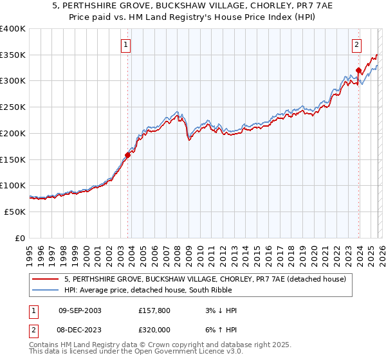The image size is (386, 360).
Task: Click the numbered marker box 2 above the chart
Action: [356, 45]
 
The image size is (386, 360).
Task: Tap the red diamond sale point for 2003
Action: [127, 154]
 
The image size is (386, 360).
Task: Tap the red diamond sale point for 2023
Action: [358, 69]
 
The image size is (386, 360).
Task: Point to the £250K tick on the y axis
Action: [13, 107]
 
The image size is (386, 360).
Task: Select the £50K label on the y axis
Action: [15, 212]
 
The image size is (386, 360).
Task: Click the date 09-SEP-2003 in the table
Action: [80, 310]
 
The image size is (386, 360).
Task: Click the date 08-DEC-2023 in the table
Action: [80, 328]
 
